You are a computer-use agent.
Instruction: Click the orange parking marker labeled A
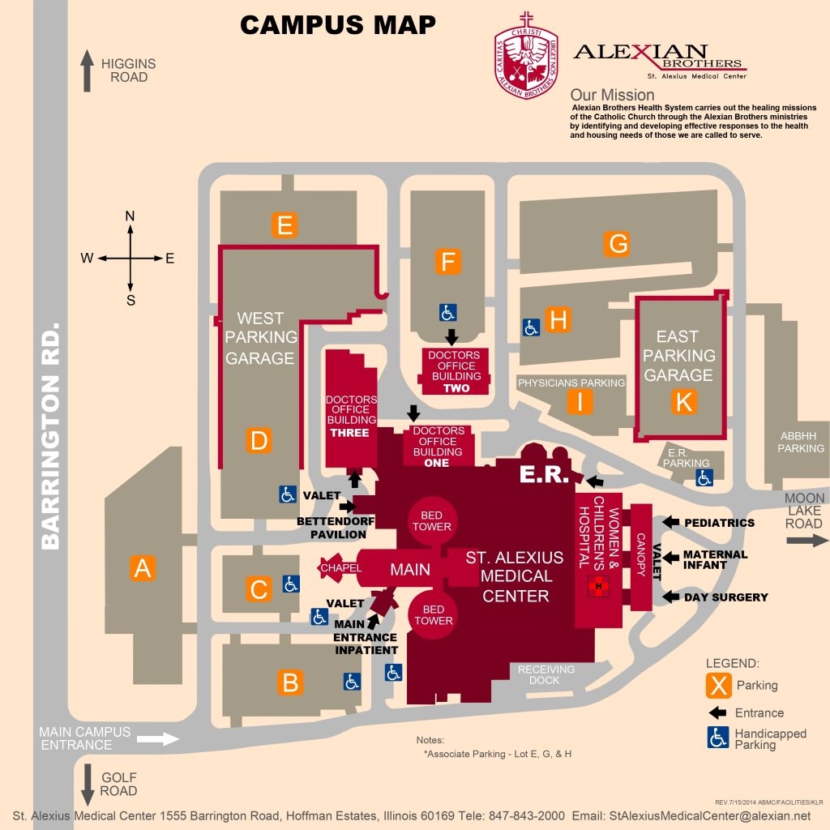(143, 568)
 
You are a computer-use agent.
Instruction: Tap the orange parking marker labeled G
(618, 243)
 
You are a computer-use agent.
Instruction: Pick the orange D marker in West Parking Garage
(259, 441)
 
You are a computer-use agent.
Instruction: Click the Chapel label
(340, 568)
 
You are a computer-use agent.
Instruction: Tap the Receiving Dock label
(546, 674)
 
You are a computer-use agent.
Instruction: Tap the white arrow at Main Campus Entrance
(158, 738)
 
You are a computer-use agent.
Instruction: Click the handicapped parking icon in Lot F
(448, 312)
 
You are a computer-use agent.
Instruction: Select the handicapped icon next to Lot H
(531, 327)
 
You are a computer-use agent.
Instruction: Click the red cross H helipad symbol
(599, 586)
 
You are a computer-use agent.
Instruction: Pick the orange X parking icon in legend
(717, 686)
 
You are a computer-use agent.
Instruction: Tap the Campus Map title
(338, 25)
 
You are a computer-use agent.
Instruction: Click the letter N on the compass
(130, 216)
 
